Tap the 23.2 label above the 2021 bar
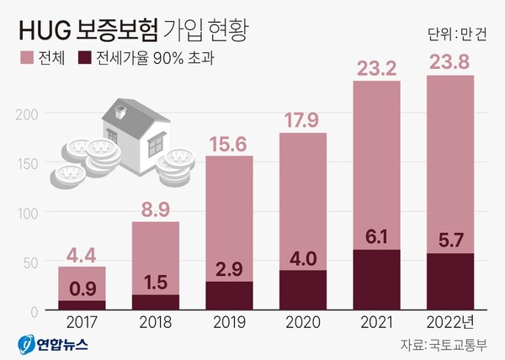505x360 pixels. [x=378, y=66]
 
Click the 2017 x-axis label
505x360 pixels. [x=82, y=322]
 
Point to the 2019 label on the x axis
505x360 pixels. [x=229, y=322]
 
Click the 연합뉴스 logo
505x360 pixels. [x=52, y=344]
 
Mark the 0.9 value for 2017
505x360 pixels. [x=82, y=288]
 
